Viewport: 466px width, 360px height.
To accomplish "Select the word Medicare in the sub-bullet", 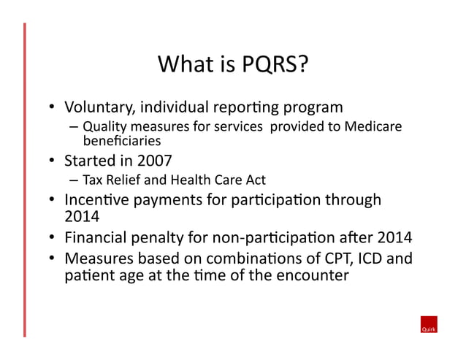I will [374, 126].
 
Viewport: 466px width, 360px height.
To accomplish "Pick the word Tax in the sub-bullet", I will [91, 180].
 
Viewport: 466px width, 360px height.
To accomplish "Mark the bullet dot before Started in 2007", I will [53, 160].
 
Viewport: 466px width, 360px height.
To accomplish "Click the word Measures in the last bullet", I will [99, 258].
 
